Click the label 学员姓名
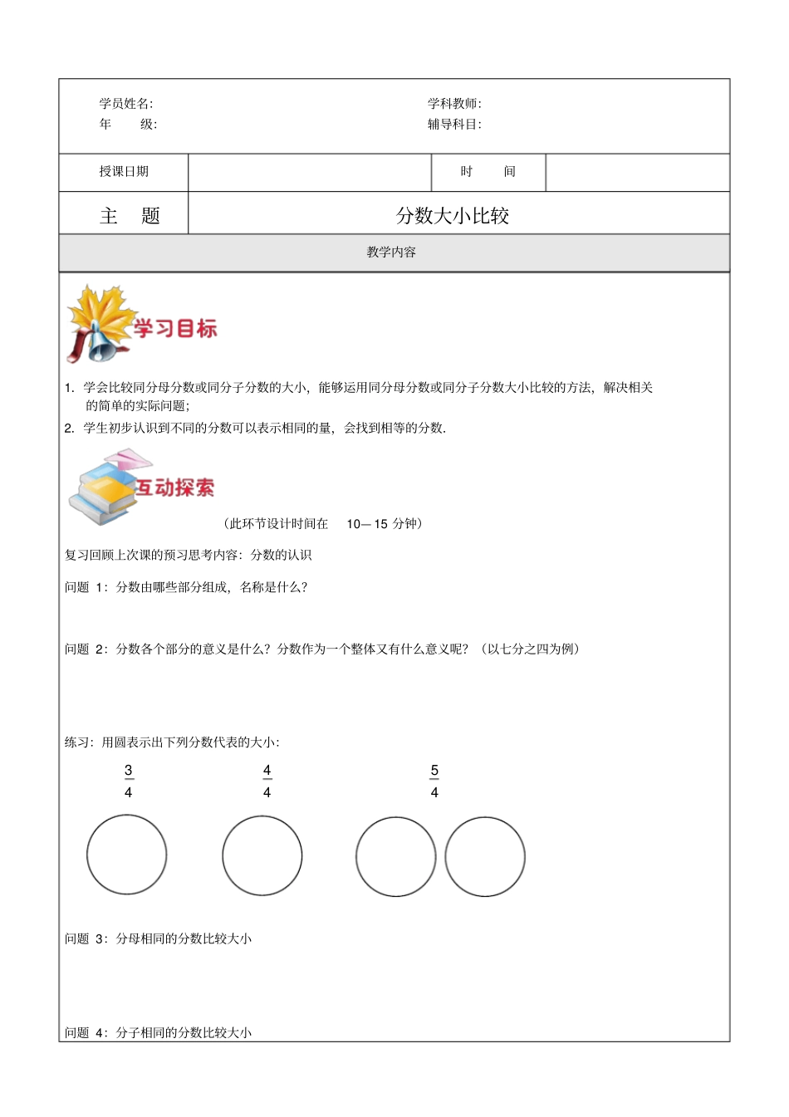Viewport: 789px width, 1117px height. [125, 104]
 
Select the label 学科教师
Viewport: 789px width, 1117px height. [453, 104]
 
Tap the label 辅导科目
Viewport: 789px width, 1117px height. [453, 125]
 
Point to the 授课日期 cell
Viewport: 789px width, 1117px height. [124, 172]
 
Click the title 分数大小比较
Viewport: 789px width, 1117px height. [453, 216]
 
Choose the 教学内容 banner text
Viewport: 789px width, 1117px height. [391, 252]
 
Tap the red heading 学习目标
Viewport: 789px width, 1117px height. [175, 329]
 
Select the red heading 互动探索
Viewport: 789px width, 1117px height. [174, 488]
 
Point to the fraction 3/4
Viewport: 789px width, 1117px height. [128, 781]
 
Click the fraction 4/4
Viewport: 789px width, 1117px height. [267, 781]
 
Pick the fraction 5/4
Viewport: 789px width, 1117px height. [434, 781]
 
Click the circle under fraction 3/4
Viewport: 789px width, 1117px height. [127, 855]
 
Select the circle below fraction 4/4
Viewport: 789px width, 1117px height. [262, 855]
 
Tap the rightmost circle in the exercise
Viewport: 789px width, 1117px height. [485, 857]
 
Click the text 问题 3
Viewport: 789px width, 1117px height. [86, 938]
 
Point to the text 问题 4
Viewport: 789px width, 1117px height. [86, 1032]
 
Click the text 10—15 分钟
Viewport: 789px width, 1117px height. [382, 524]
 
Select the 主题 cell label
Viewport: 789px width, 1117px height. [129, 216]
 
